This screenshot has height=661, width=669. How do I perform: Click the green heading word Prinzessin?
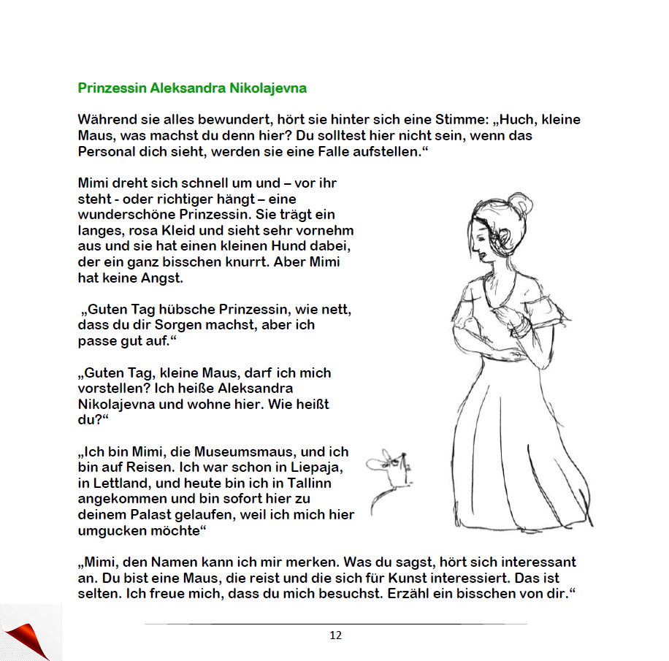click(112, 88)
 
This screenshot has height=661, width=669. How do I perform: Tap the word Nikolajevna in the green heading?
click(268, 88)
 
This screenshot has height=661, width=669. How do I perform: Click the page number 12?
click(335, 635)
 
